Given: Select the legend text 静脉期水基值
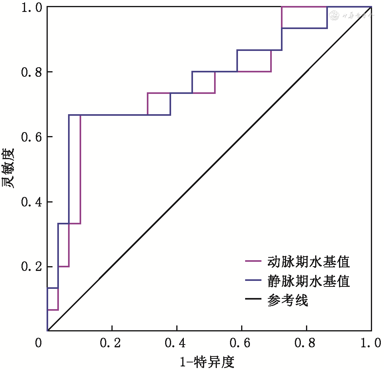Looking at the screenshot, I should pyautogui.click(x=309, y=281).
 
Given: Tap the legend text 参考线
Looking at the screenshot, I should pyautogui.click(x=288, y=301).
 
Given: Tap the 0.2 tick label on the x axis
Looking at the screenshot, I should pyautogui.click(x=112, y=343).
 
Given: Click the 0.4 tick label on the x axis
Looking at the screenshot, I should pyautogui.click(x=176, y=343).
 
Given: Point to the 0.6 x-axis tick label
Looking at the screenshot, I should pyautogui.click(x=242, y=343).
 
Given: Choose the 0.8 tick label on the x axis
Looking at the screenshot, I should pyautogui.click(x=306, y=343).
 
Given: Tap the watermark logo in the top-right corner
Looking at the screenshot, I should pyautogui.click(x=353, y=16).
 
